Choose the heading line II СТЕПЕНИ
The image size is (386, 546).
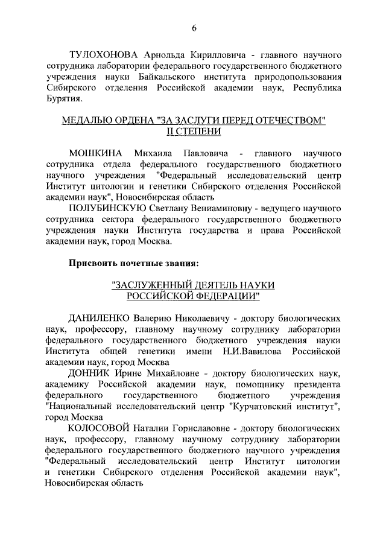[194, 132]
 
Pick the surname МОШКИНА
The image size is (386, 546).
[96, 150]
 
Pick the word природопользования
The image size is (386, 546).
[292, 76]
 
